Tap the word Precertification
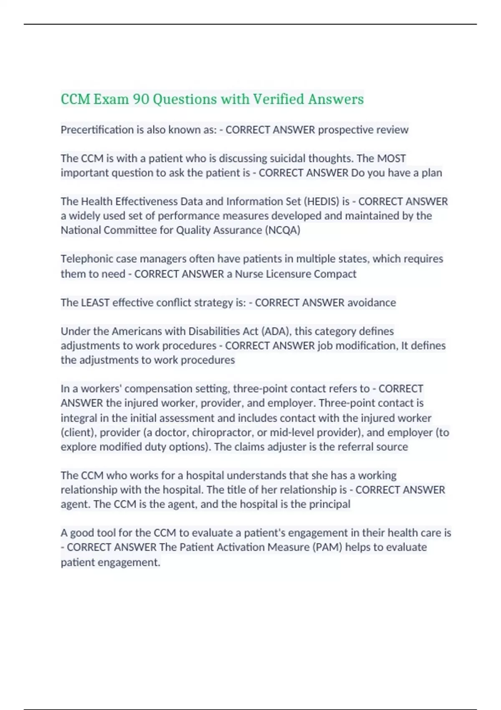[97, 130]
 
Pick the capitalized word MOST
[391, 158]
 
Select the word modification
[364, 346]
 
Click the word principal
[329, 504]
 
